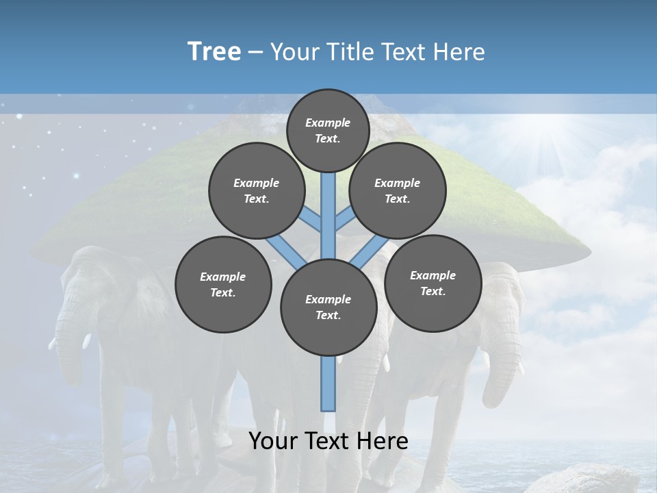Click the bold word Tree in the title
point(214,51)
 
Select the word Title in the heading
point(349,51)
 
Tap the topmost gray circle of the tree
point(328,130)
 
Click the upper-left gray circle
point(257,190)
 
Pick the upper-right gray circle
point(398,190)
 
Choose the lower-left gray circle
point(223,284)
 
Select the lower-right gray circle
point(433,283)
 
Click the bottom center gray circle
point(328,307)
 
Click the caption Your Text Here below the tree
point(328,441)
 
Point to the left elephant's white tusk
point(88,342)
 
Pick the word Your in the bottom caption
point(273,441)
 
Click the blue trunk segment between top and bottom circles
point(328,219)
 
